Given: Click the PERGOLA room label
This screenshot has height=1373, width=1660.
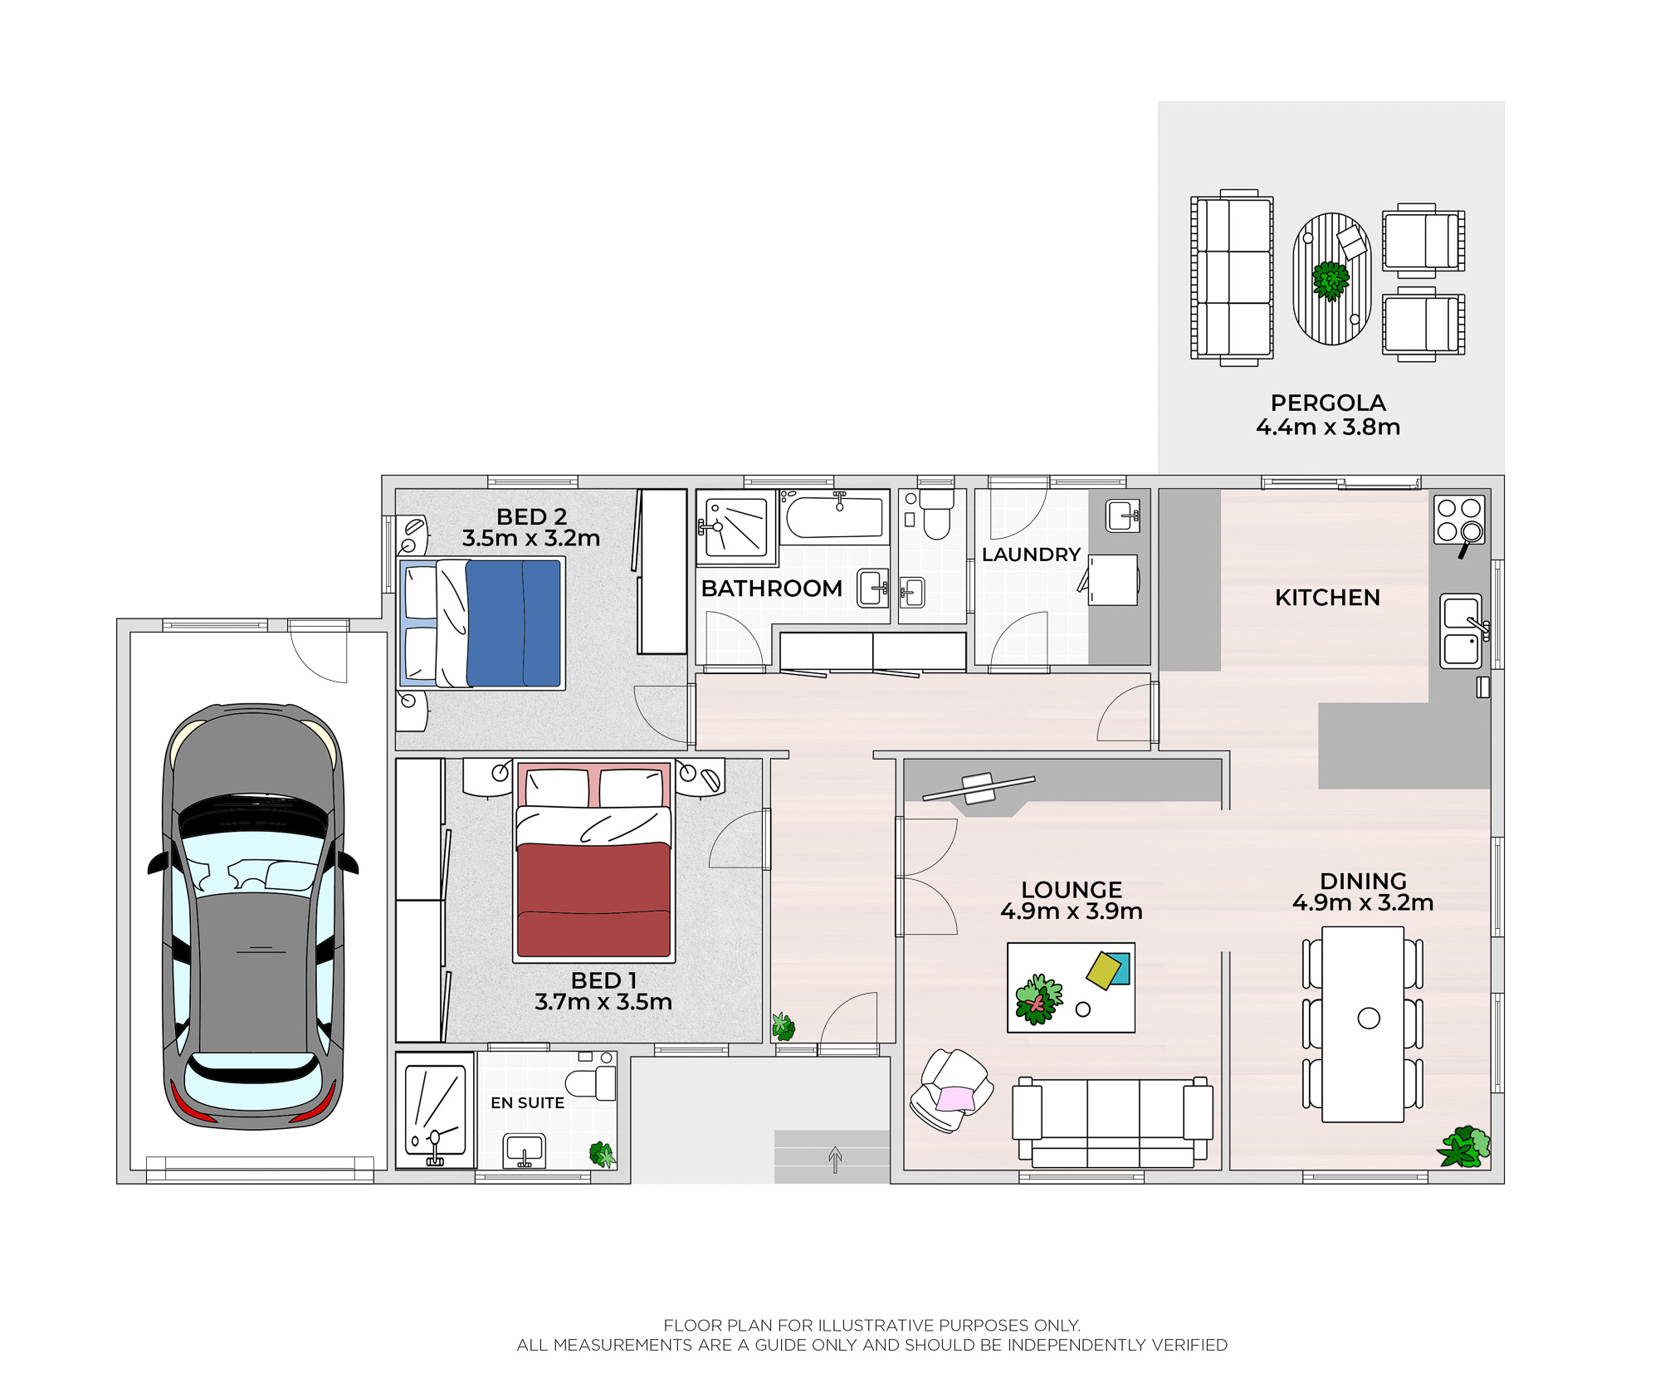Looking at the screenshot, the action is (x=1328, y=403).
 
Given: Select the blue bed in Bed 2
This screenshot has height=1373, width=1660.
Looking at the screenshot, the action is (x=482, y=623).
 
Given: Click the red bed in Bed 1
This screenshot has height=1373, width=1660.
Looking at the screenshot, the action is (x=593, y=861).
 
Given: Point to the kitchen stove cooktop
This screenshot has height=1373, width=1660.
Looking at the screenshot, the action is (x=1459, y=520).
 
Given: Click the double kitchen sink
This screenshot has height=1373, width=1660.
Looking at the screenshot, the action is (x=1462, y=630).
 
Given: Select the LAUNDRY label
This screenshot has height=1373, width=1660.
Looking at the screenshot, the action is (x=1031, y=555).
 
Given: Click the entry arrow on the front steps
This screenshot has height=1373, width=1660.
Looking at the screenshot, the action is (x=835, y=1159).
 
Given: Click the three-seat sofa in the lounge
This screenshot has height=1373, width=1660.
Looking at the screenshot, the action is (x=1112, y=1122).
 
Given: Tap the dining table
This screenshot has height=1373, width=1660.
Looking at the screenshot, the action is (x=1363, y=1024).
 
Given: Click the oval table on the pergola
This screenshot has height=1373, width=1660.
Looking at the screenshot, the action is (x=1331, y=279).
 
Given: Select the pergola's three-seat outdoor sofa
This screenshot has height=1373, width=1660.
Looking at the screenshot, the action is (x=1232, y=277).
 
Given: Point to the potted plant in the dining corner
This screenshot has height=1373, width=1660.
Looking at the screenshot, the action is (x=1465, y=1146).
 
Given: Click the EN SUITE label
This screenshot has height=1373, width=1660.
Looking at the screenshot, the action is (x=527, y=1103).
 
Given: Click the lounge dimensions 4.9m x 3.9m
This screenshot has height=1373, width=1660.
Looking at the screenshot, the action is (x=1072, y=911).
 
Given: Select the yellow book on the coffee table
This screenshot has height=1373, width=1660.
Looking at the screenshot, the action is (x=1103, y=970).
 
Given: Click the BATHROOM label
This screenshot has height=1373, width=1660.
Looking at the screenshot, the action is (x=771, y=589).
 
